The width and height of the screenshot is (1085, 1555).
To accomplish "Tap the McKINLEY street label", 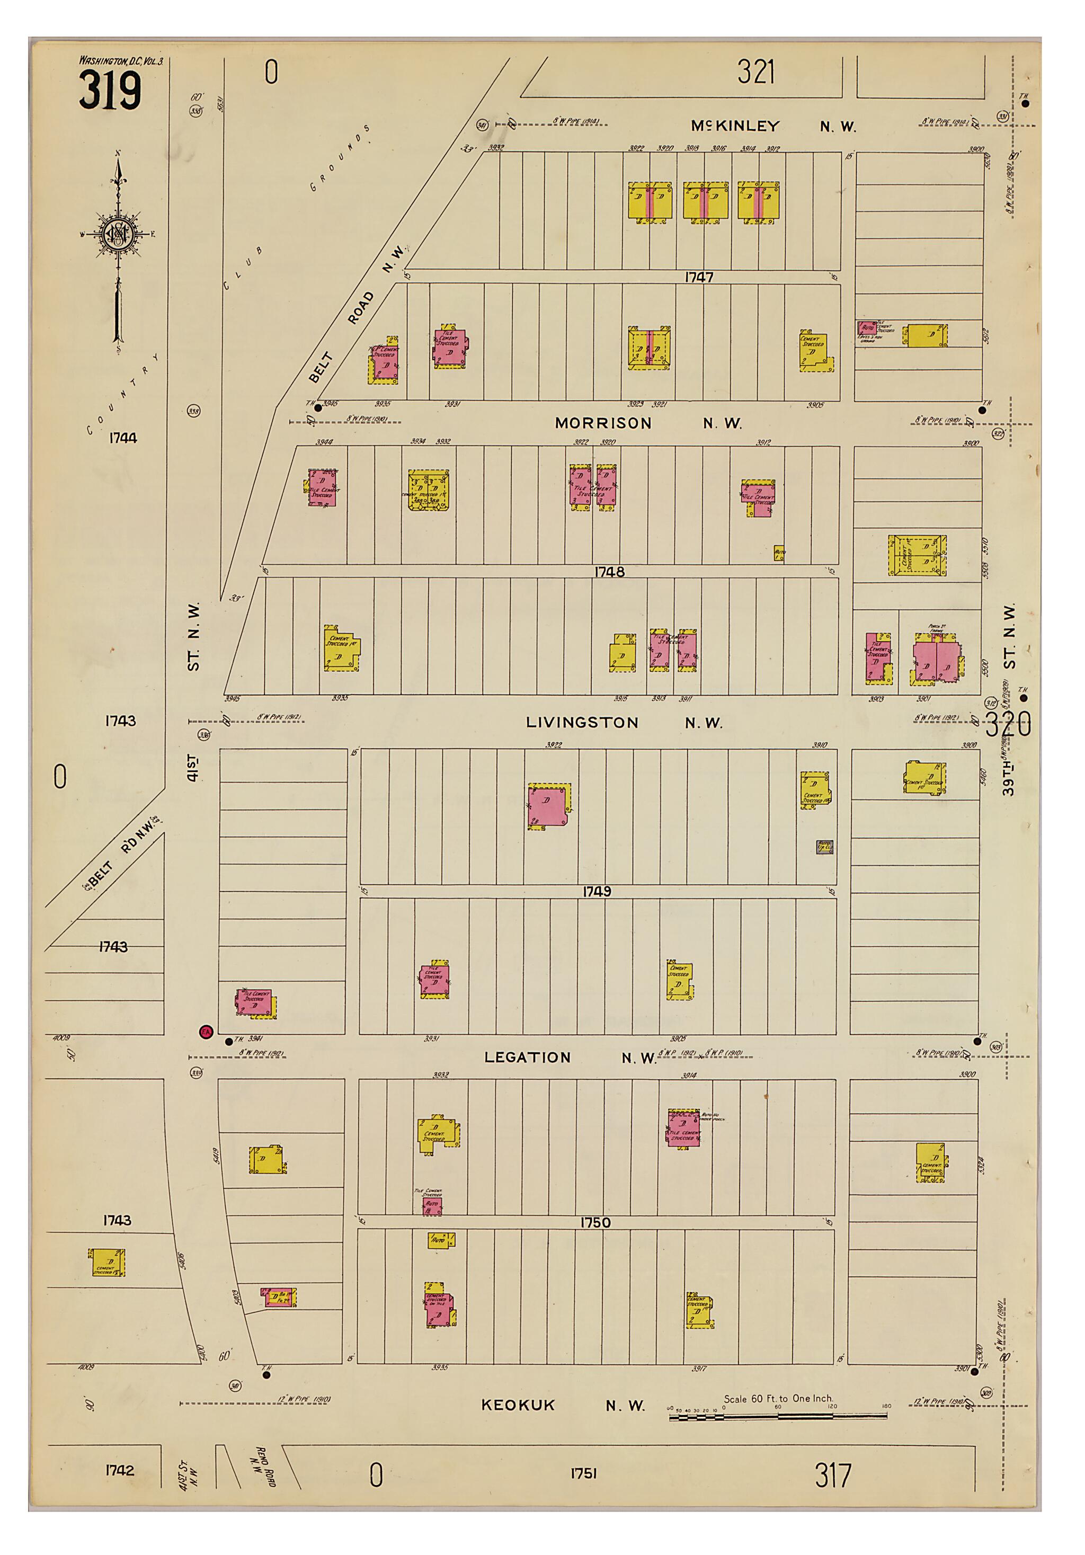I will click(735, 126).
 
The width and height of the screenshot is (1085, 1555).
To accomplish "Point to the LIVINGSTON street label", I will click(582, 723).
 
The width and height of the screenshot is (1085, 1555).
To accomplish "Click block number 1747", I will click(698, 277).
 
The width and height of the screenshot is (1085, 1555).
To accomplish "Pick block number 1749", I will click(596, 892).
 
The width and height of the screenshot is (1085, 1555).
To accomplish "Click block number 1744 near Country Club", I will click(122, 438).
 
